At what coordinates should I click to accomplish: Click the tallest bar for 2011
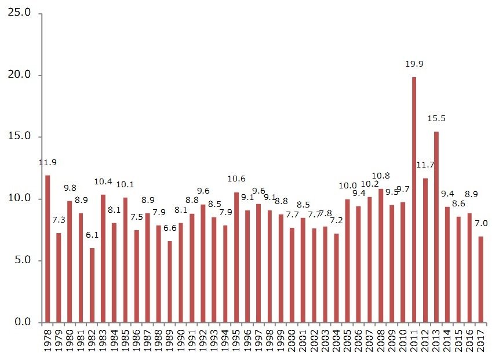point(414,199)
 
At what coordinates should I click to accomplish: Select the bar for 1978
point(48,249)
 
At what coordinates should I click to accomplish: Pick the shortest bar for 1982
point(92,285)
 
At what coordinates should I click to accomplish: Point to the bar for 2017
point(480,279)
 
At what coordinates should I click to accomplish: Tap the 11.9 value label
point(48,163)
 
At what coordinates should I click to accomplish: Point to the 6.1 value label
point(92,236)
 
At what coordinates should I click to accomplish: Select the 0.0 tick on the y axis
point(24,322)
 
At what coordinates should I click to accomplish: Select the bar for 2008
point(381,256)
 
